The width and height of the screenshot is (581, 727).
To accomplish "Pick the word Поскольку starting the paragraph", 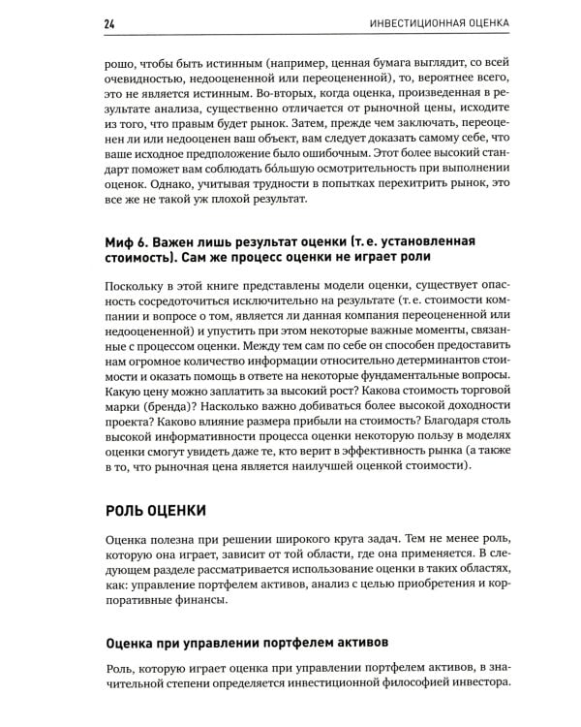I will pos(136,285).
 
